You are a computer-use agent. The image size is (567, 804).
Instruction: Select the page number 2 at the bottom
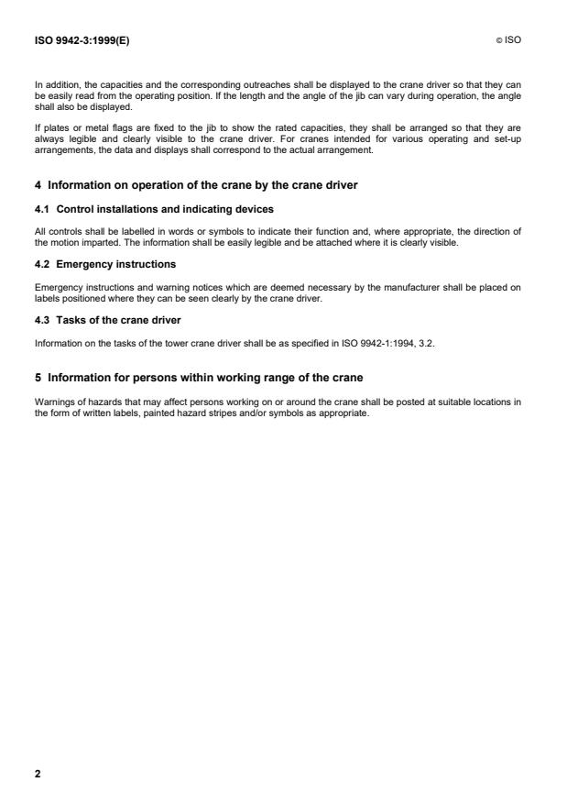38,773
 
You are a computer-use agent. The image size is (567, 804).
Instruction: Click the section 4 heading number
38,185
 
